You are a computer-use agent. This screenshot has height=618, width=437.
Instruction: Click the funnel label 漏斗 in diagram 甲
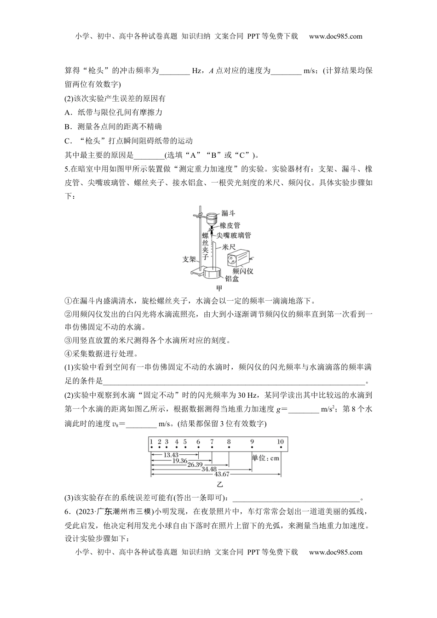click(229, 213)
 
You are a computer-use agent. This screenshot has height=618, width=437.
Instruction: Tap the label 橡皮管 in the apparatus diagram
click(230, 225)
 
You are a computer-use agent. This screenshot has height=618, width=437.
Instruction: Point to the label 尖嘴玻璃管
click(234, 235)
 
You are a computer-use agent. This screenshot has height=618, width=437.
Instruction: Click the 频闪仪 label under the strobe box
click(243, 271)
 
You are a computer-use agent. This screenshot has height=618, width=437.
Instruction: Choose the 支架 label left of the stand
click(189, 259)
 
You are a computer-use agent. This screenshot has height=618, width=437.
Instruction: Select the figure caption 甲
click(219, 288)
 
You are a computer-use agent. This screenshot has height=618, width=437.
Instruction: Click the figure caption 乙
click(219, 484)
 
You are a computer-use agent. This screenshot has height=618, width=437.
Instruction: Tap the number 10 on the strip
click(281, 442)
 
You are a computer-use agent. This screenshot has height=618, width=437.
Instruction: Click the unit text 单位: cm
click(265, 458)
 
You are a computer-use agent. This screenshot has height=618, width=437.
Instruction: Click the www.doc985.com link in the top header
click(335, 37)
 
